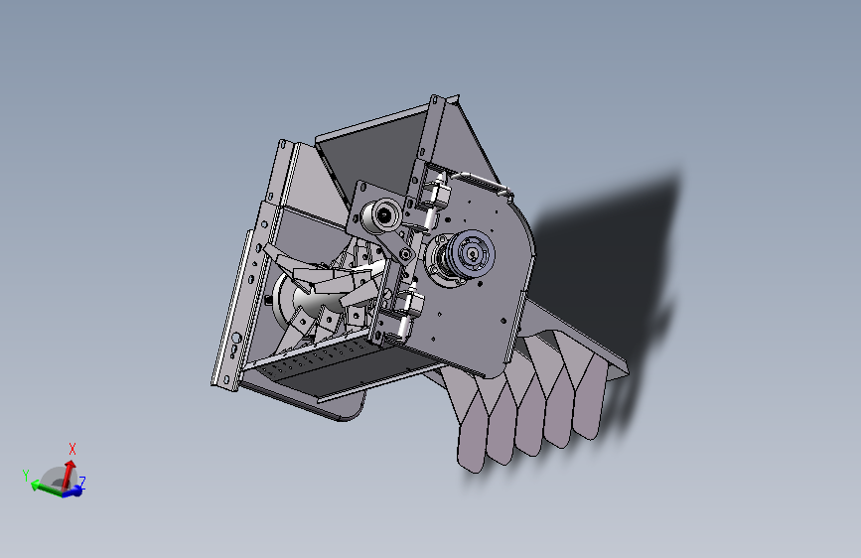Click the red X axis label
point(72,449)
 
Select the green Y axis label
point(26,477)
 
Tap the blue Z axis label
point(82,483)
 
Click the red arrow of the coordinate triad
point(69,472)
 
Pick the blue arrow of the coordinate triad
point(73,490)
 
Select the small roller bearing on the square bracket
point(382,214)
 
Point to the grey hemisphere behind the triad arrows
point(56,479)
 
